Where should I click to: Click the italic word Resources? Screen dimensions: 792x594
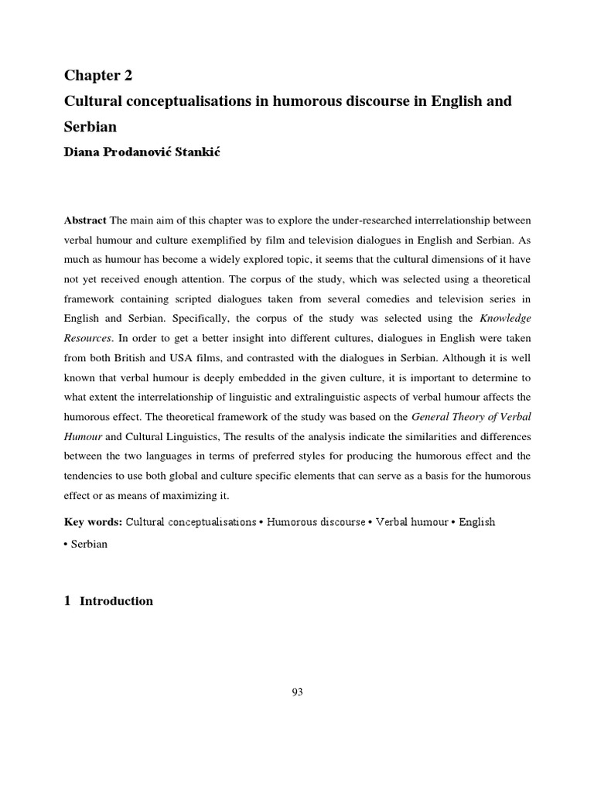(87, 338)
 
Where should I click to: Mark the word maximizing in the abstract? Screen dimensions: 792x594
(183, 495)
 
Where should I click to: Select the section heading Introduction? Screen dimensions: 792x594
(116, 601)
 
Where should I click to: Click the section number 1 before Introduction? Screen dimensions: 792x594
(67, 601)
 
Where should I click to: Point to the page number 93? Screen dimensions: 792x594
(297, 692)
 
